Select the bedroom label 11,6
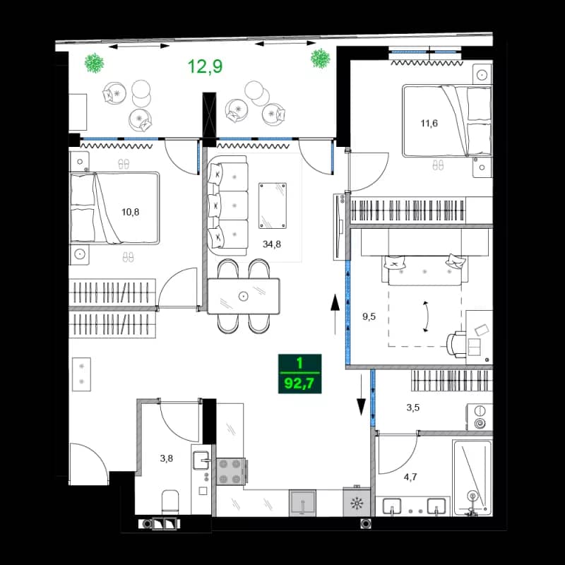428,124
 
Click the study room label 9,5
369,317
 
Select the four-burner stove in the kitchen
231,471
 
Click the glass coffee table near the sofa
273,205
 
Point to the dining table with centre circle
244,296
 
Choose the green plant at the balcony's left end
93,63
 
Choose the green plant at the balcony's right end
321,58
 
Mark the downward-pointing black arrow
361,399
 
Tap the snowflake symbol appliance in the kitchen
357,504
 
